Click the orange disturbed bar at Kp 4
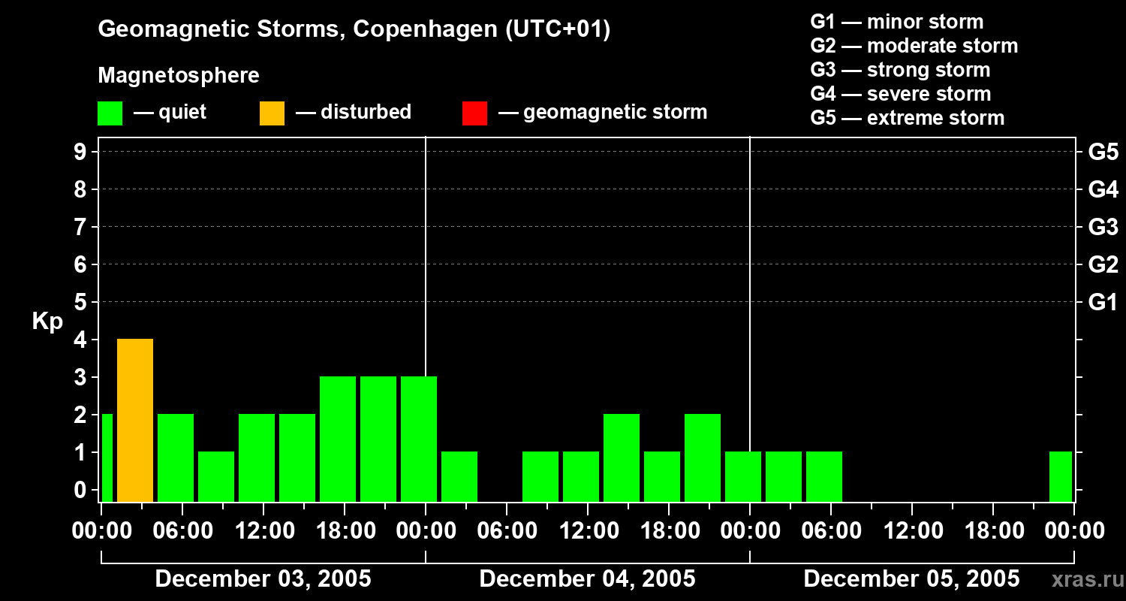pos(135,420)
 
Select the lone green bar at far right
pos(1061,476)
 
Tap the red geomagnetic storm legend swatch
pos(474,113)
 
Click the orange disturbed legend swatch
pos(272,113)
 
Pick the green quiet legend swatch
pos(110,113)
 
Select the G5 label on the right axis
pos(1103,153)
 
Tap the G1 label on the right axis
pos(1103,303)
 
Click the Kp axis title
pos(47,322)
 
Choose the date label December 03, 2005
pos(263,579)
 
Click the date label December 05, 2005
pos(911,579)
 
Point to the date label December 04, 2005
pos(587,579)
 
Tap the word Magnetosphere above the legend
pos(179,76)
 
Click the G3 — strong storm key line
pos(900,70)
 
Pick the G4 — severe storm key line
pos(900,94)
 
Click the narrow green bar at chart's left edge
pos(107,458)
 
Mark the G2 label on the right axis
pos(1103,265)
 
